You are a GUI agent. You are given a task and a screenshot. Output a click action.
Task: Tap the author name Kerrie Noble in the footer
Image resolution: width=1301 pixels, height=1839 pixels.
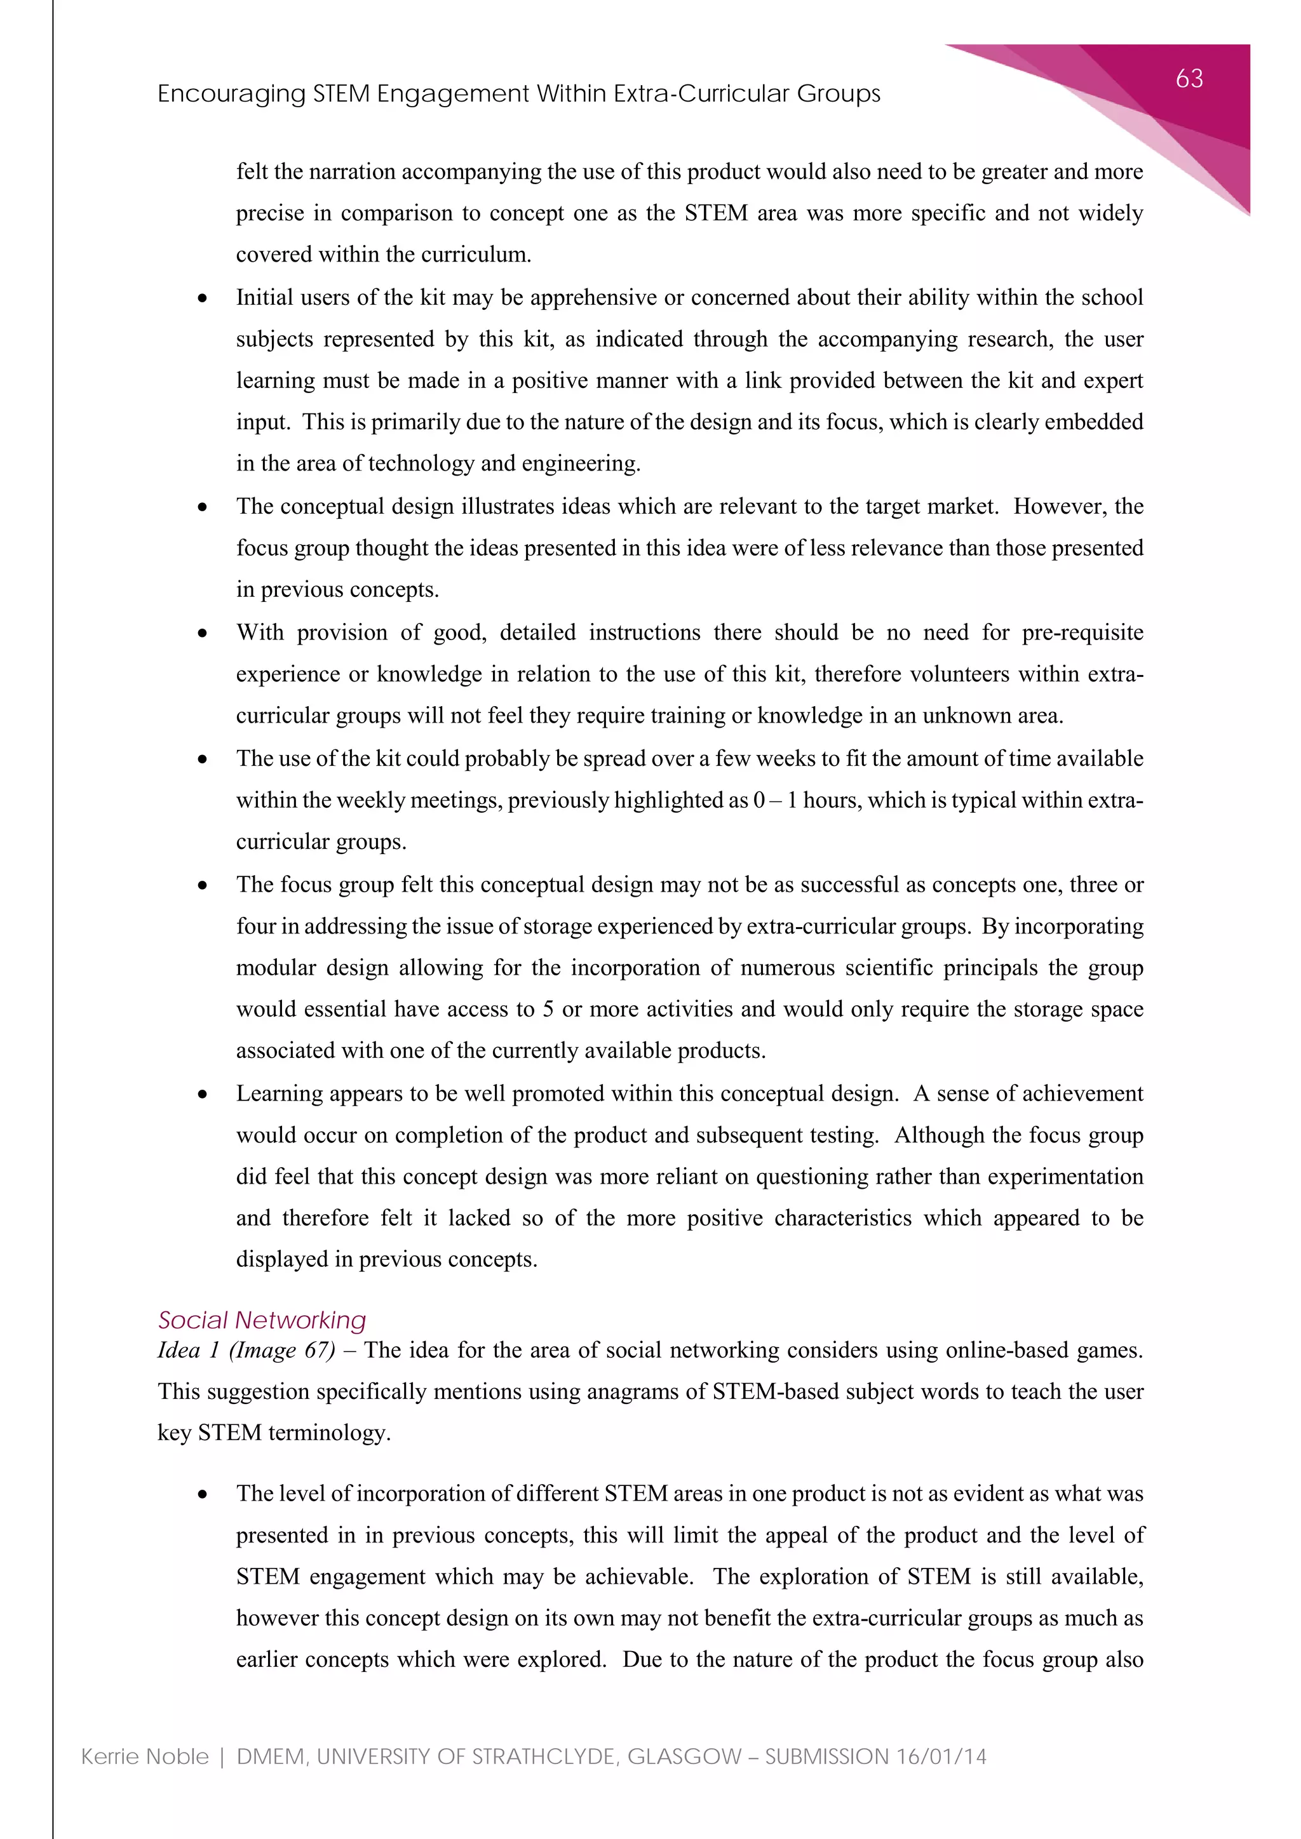pyautogui.click(x=144, y=1756)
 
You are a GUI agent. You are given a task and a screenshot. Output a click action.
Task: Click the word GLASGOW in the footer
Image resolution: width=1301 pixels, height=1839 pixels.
pyautogui.click(x=684, y=1756)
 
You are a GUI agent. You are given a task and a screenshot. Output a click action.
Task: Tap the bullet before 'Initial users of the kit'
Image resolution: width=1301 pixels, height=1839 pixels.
pyautogui.click(x=203, y=298)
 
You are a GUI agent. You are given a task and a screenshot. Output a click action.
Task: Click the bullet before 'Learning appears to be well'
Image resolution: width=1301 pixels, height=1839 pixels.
pyautogui.click(x=203, y=1095)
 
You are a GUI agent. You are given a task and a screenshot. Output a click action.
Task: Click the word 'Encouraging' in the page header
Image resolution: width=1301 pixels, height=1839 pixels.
pyautogui.click(x=231, y=94)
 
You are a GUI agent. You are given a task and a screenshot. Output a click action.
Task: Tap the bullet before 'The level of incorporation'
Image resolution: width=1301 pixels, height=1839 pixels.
pyautogui.click(x=203, y=1495)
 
